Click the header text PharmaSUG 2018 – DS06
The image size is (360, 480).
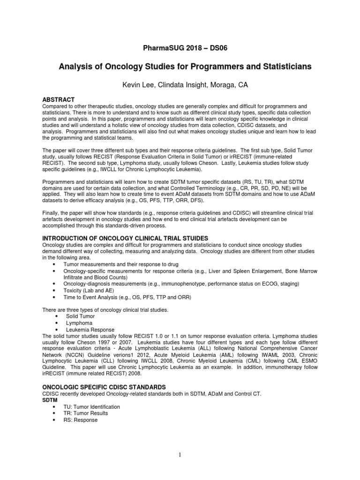point(180,48)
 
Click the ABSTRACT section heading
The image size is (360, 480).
point(59,100)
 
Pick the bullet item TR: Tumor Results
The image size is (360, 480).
point(85,413)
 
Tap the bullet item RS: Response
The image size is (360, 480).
point(81,420)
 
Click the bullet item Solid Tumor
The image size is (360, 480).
point(80,316)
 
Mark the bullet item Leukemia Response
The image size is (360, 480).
point(88,330)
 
